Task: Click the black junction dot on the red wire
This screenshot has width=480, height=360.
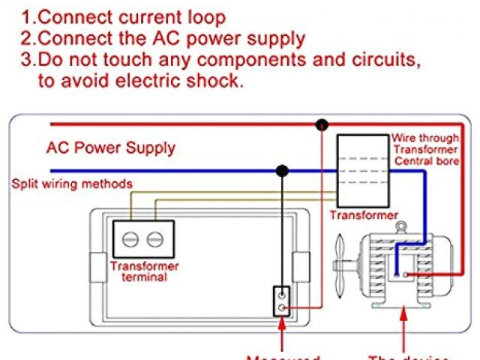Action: [x=322, y=124]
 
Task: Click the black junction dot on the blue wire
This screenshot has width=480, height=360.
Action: [x=282, y=171]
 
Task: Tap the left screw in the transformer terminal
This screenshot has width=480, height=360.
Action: [x=130, y=239]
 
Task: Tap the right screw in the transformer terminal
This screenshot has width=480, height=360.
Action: [x=155, y=239]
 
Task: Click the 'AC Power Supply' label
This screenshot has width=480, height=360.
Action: [x=110, y=148]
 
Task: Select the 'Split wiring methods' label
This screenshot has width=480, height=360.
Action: [x=70, y=184]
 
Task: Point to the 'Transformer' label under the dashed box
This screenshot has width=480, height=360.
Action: [x=364, y=215]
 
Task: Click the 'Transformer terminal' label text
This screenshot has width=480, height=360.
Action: [x=144, y=271]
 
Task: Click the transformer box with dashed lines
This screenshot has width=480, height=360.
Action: [x=363, y=170]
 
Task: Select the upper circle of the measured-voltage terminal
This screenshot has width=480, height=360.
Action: [x=281, y=294]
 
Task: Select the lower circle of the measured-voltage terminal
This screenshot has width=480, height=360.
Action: [x=281, y=307]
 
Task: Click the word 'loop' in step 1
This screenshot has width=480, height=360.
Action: [x=202, y=16]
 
